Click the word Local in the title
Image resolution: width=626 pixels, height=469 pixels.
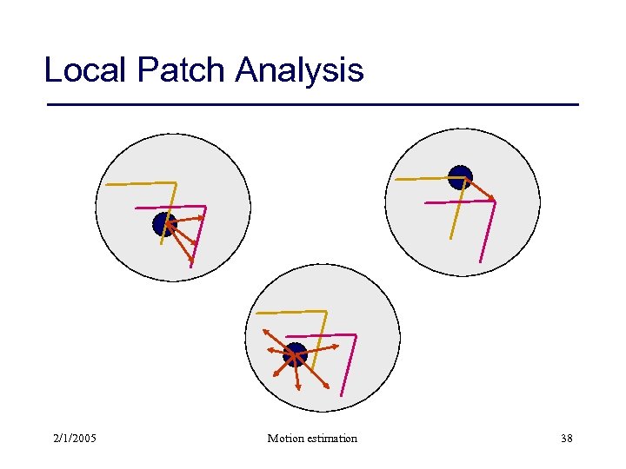[84, 69]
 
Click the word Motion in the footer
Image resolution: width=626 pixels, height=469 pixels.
[286, 438]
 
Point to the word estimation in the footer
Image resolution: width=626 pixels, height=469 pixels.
[331, 438]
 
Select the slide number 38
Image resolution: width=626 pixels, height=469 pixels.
[566, 438]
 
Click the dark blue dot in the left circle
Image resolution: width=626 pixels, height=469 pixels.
[164, 224]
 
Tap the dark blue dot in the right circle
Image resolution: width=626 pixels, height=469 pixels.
[460, 177]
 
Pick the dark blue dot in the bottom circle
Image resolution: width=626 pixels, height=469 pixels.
[296, 354]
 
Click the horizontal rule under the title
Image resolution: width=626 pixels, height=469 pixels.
[312, 105]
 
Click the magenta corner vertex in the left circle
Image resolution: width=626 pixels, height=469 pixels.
[206, 207]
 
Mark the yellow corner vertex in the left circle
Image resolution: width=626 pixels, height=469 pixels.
[176, 182]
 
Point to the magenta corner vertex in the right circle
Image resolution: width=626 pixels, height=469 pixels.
[496, 201]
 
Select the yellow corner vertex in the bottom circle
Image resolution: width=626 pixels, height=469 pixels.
[327, 311]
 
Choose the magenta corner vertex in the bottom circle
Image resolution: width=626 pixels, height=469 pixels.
[356, 334]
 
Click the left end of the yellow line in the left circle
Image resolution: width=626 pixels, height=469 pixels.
[106, 184]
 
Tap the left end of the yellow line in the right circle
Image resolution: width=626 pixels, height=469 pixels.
[396, 179]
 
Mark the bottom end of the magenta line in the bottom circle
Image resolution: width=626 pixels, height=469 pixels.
[342, 395]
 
